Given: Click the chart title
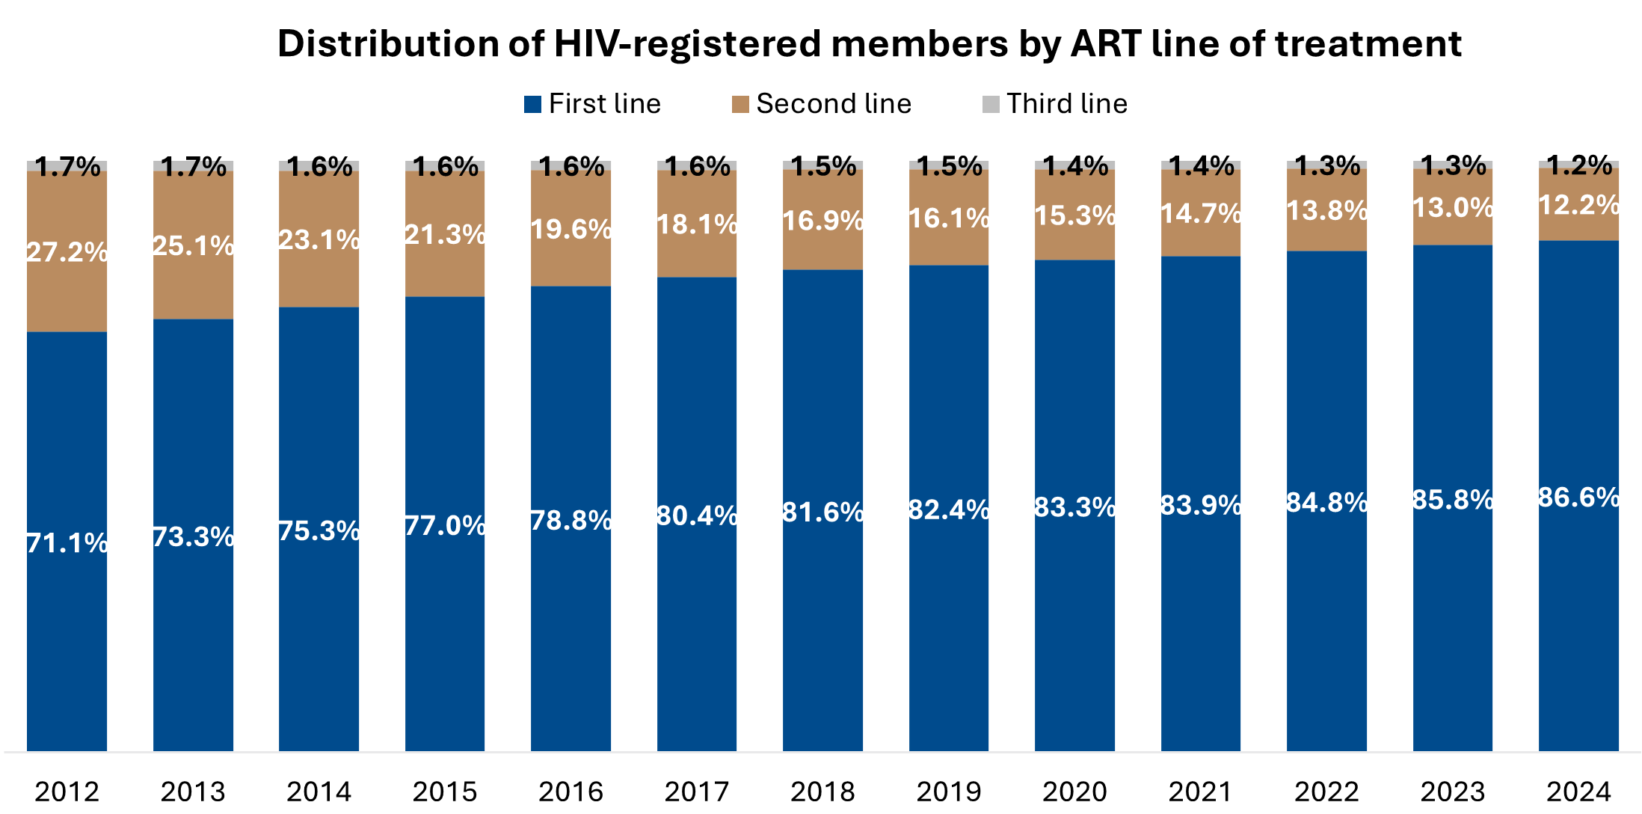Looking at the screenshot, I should (869, 43).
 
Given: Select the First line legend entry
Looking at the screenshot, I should (593, 104).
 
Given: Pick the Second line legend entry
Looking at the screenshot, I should (822, 104).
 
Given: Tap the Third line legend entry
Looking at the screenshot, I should (1054, 104).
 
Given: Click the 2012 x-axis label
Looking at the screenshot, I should (67, 791).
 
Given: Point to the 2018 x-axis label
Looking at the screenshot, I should (822, 791).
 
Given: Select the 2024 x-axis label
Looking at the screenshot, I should (1578, 791).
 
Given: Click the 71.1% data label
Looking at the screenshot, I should (67, 542).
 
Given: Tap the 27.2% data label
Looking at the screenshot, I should (67, 252).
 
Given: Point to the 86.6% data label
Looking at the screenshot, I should (1578, 497).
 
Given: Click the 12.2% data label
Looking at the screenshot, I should (1578, 204).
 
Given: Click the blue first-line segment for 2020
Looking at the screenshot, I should (1074, 636).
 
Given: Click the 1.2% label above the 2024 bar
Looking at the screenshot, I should (1578, 165).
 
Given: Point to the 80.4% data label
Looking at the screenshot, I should (697, 515).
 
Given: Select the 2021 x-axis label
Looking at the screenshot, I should (1201, 791).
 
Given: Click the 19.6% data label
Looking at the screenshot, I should (571, 229).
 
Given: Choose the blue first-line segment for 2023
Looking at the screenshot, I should (1453, 636).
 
